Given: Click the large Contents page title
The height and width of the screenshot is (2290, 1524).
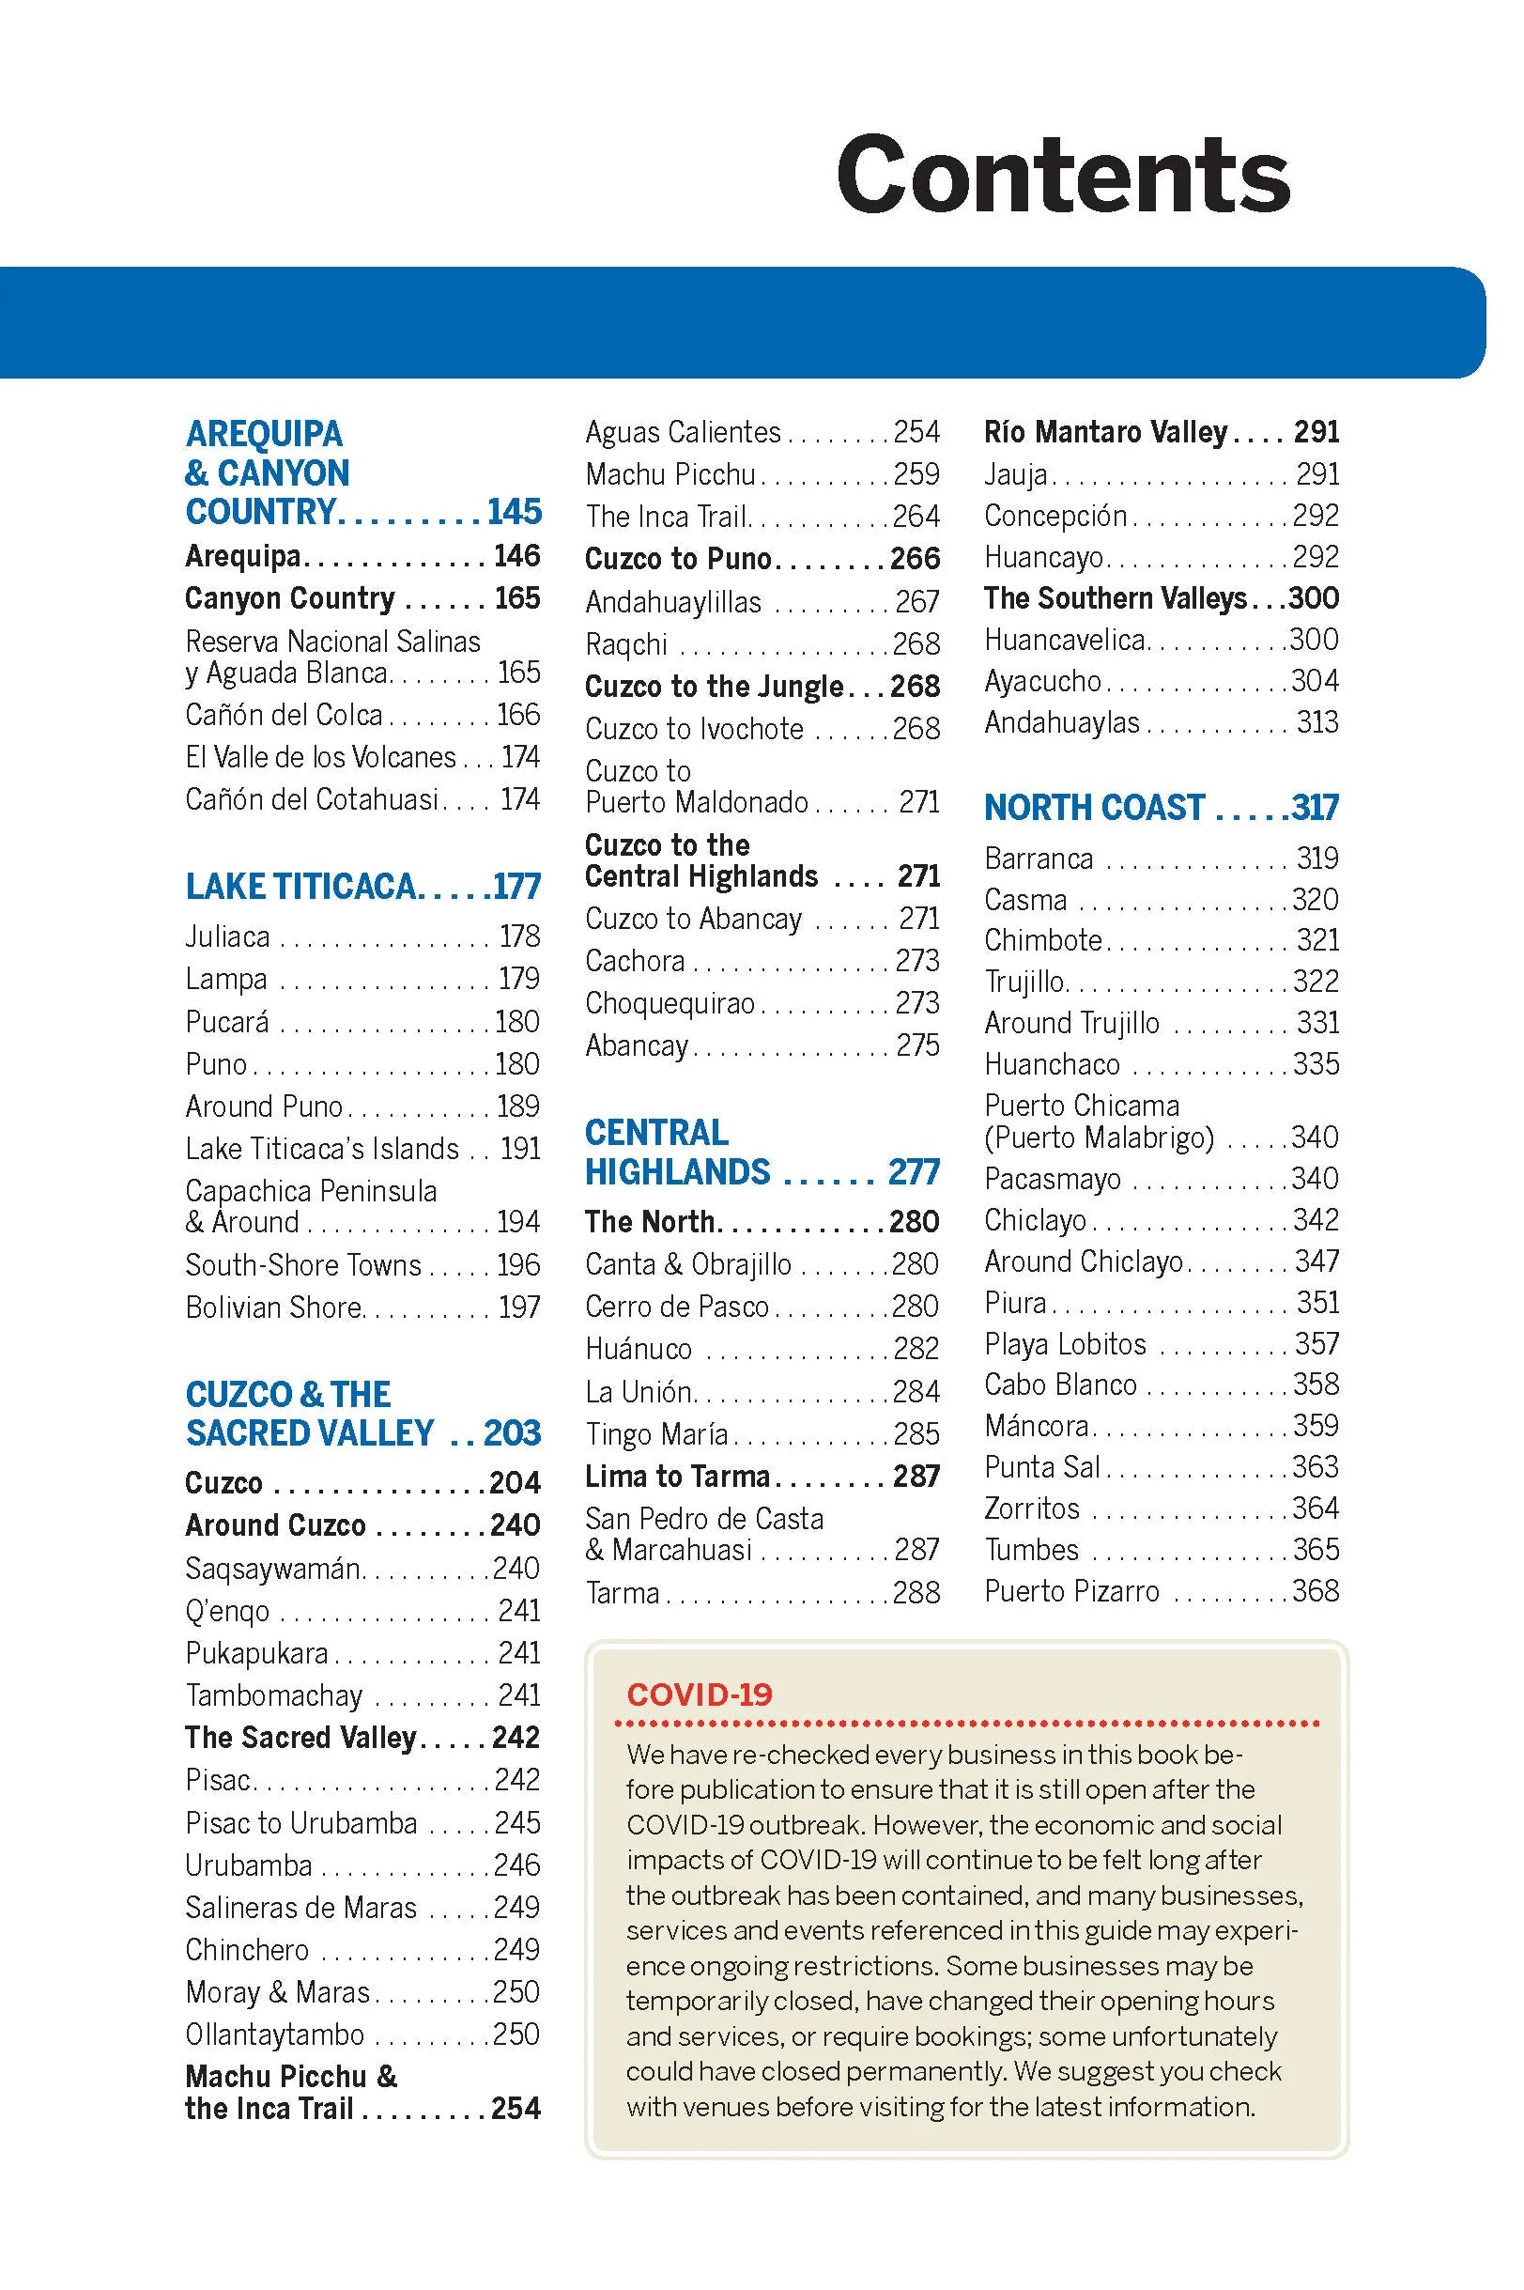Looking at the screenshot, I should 1062,175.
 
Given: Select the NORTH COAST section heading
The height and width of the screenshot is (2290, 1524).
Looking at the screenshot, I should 1094,807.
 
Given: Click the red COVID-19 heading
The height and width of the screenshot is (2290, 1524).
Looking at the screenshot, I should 699,1694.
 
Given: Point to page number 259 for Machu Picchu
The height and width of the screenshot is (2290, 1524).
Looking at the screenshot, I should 916,474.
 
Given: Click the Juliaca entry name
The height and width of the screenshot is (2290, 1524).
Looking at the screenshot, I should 228,936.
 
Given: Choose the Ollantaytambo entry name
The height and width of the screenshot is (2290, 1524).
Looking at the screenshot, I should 275,2035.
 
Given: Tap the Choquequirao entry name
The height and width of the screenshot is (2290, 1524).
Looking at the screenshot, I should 670,1003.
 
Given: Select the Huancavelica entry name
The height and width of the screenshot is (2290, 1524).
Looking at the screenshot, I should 1064,640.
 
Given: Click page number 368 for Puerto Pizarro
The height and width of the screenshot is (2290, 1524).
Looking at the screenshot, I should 1315,1591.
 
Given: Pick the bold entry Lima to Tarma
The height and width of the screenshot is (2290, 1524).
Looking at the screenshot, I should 677,1477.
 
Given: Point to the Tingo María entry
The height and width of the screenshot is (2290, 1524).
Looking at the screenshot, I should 656,1433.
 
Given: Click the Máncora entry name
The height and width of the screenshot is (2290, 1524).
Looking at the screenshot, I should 1036,1426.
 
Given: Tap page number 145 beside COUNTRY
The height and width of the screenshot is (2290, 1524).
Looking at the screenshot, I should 515,512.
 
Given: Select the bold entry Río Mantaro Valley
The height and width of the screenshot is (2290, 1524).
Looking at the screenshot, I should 1105,432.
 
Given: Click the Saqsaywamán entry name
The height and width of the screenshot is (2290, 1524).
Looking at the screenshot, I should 273,1568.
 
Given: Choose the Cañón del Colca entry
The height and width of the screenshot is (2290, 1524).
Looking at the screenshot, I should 284,715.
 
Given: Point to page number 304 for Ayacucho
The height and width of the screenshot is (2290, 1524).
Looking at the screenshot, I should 1315,680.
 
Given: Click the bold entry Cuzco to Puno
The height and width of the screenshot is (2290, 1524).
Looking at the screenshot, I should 677,559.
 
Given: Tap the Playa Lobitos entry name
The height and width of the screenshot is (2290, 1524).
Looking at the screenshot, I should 1065,1344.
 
